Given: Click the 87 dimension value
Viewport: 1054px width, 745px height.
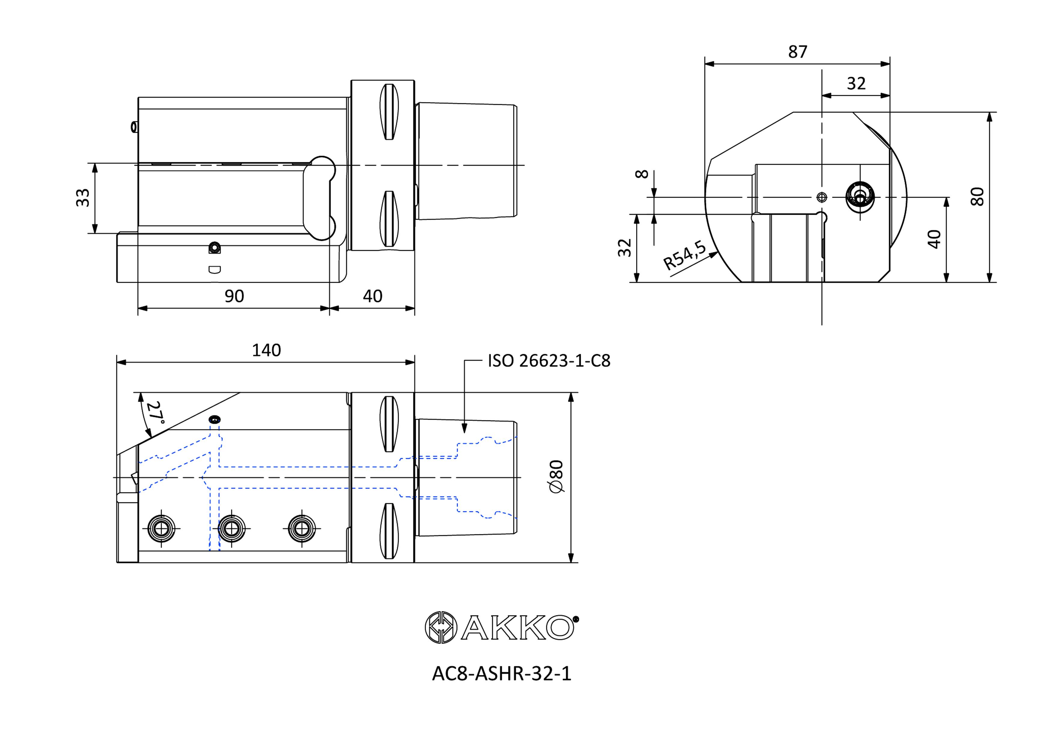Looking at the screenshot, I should click(797, 52).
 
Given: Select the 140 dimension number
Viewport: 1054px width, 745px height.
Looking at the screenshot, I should click(266, 351).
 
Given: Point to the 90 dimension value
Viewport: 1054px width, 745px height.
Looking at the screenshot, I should click(234, 296).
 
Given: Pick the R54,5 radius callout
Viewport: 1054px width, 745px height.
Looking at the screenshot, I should click(684, 255).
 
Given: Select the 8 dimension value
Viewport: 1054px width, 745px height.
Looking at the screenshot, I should click(642, 174).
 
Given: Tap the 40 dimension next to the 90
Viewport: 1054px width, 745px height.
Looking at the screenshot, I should click(372, 296).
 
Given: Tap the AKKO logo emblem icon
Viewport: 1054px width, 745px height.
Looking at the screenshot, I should click(441, 627).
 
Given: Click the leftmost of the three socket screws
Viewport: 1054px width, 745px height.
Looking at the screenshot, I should click(162, 528).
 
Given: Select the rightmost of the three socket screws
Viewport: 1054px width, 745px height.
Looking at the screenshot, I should click(302, 528).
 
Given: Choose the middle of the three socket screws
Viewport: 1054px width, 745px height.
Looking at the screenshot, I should click(231, 528).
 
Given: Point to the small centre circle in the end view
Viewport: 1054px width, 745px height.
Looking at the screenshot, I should click(822, 197).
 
